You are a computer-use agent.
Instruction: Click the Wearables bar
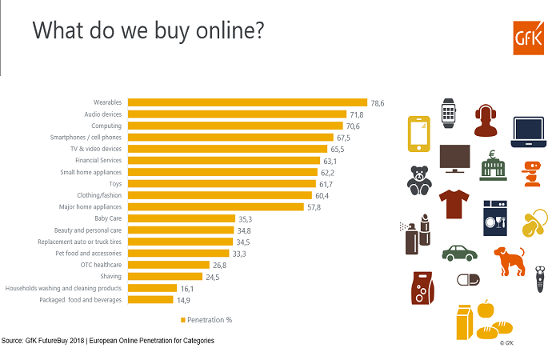coord(247,102)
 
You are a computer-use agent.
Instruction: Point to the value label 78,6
coord(378,102)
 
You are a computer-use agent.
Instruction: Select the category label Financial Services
coord(98,160)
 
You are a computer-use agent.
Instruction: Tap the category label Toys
coord(114,184)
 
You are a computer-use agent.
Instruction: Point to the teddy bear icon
coord(419,181)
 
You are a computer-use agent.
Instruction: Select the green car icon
coord(459,253)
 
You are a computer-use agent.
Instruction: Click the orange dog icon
coord(508,260)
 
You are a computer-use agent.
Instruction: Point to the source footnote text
coord(107,341)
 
